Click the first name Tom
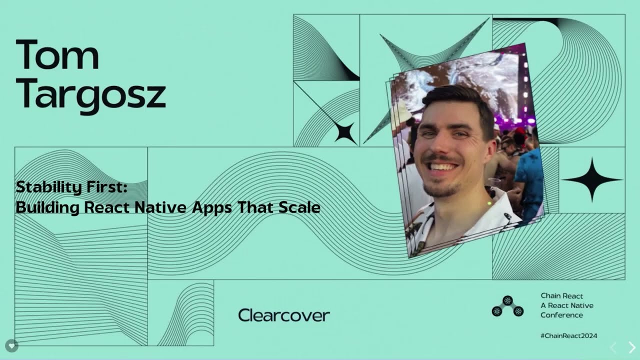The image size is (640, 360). pos(57,55)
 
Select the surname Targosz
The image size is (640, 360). pos(90,95)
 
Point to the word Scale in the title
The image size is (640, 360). pos(299,206)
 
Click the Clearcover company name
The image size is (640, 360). pos(283,315)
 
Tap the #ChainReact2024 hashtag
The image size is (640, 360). pos(568,335)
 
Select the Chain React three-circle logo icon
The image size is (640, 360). pos(507,306)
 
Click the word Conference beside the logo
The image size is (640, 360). pos(561,315)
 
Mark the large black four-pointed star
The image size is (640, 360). pos(592,179)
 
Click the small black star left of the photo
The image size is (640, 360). pos(345,132)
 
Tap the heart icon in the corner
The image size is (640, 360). pos(12,345)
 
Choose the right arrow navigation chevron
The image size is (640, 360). pos(632,347)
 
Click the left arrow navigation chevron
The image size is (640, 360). pos(613,347)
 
